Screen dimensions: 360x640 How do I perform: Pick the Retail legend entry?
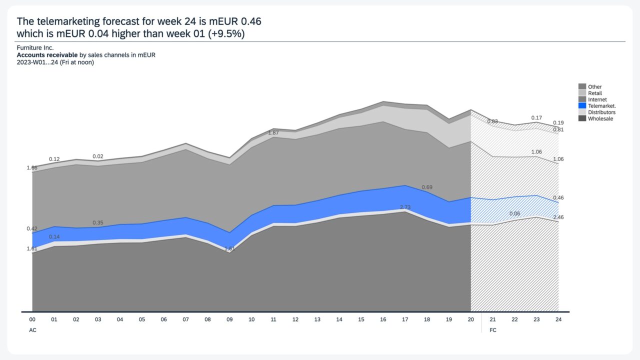[x=594, y=93]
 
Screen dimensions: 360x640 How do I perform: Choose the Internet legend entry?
[x=597, y=100]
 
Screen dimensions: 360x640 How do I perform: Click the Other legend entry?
[x=594, y=87]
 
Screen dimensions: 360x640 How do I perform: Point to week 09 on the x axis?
[x=229, y=319]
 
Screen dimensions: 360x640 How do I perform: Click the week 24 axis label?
[x=558, y=319]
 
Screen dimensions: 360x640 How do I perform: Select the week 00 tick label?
[x=32, y=319]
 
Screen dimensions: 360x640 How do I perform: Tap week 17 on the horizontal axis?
[x=405, y=319]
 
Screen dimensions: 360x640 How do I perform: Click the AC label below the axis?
[x=32, y=330]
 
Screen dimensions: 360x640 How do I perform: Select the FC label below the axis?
[x=493, y=330]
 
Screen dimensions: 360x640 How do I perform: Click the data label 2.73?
[x=405, y=207]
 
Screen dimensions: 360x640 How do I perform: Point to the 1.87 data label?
[x=273, y=133]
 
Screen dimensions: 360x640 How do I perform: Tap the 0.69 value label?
[x=427, y=187]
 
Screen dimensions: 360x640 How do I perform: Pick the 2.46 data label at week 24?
[x=558, y=217]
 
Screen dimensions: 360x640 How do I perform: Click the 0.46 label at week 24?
[x=558, y=198]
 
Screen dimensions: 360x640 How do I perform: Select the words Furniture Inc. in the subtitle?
[x=35, y=48]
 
